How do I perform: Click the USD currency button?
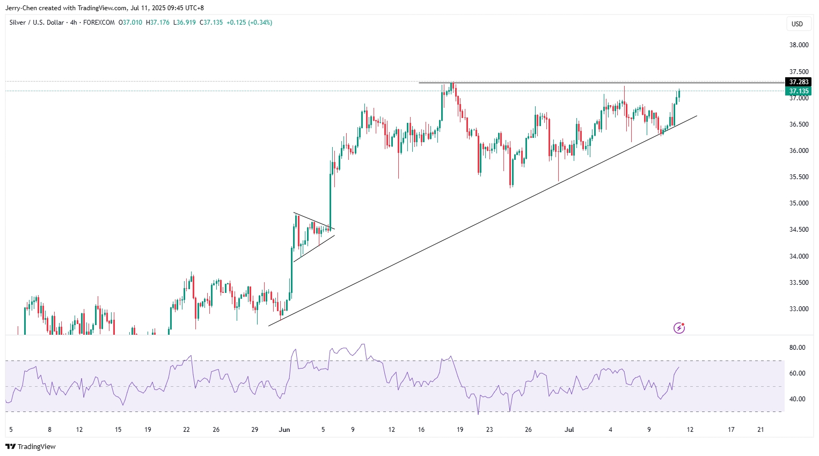tap(797, 24)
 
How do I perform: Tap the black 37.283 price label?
tap(798, 82)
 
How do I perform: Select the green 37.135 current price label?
tap(798, 91)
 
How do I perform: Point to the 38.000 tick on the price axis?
tap(799, 45)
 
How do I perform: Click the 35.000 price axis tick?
tap(799, 203)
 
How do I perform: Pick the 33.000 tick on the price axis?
tap(799, 309)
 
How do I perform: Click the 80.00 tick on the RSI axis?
tap(797, 348)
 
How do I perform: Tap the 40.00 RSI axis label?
tap(797, 399)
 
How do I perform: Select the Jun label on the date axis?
tap(284, 430)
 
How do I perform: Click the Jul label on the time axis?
tap(569, 430)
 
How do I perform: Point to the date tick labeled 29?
tap(255, 430)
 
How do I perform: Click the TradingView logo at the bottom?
tap(31, 446)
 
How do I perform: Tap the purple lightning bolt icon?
tap(679, 328)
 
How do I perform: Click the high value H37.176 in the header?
tap(159, 23)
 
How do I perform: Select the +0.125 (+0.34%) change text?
tap(249, 23)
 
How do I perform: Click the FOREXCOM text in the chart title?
tap(99, 23)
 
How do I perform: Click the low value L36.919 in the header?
tap(184, 23)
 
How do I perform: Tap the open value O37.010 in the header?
tap(131, 23)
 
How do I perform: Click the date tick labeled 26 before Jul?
tap(528, 430)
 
